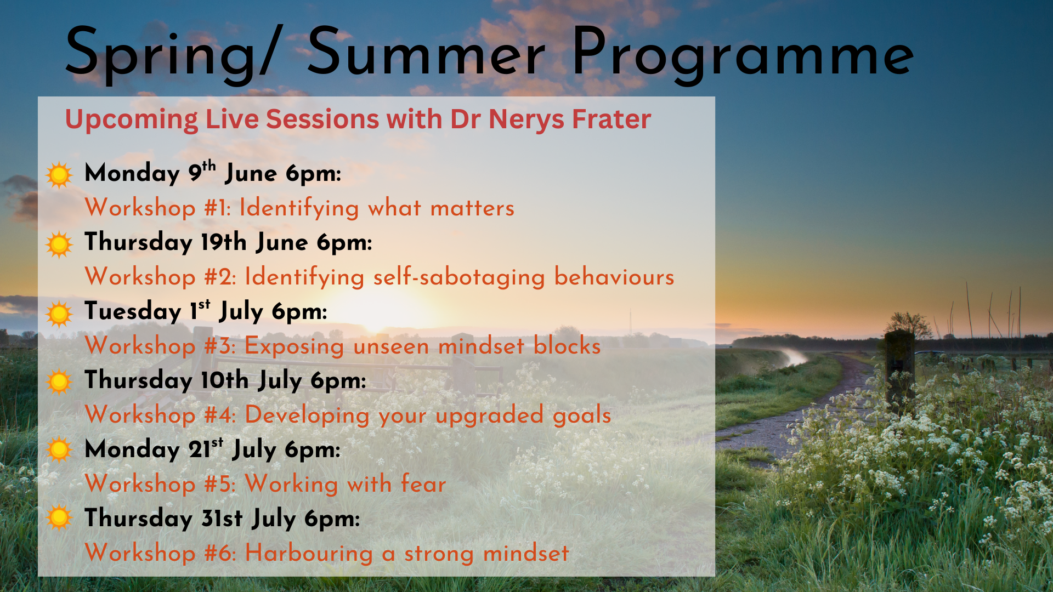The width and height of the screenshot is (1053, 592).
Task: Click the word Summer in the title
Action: point(426,53)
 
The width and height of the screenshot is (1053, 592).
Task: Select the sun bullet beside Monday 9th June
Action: point(59,175)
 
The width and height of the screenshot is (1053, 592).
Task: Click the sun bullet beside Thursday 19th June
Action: point(59,244)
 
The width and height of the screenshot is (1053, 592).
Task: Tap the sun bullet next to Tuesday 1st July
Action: point(59,314)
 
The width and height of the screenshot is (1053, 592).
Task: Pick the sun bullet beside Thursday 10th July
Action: point(59,382)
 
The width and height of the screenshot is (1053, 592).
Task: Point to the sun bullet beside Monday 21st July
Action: point(59,450)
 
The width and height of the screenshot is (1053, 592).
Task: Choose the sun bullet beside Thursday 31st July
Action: point(59,518)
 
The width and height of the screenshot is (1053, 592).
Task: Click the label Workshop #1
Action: point(158,208)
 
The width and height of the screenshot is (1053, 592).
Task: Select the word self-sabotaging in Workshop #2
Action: point(459,277)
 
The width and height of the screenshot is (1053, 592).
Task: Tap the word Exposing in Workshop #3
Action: point(295,346)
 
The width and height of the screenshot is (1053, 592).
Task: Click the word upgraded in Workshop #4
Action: point(490,415)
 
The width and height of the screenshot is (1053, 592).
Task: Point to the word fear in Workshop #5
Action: point(423,484)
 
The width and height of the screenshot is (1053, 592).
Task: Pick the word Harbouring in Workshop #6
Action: point(309,553)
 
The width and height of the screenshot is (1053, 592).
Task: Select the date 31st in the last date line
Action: point(222,518)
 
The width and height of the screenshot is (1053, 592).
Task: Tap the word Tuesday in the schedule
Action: point(133,311)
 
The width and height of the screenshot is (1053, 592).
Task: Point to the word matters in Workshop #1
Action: point(472,208)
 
